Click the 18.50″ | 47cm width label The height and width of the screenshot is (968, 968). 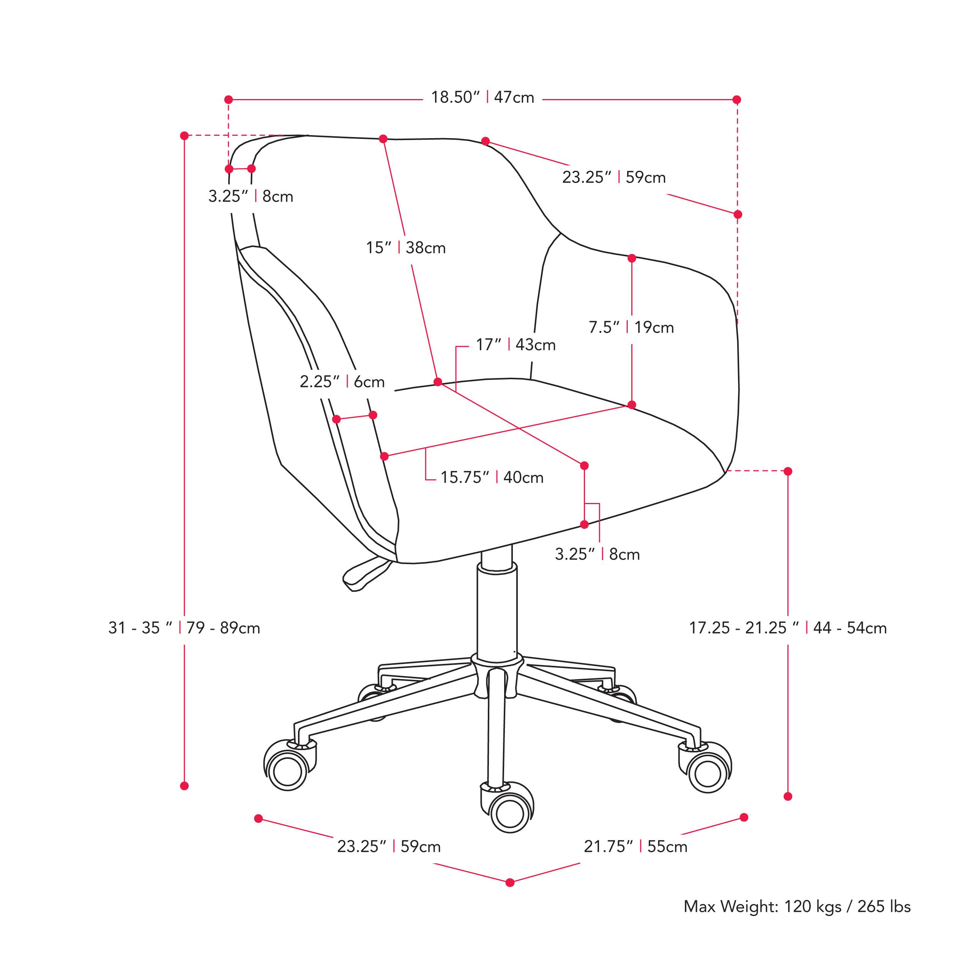[482, 97]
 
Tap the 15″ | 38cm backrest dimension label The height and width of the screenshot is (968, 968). [405, 248]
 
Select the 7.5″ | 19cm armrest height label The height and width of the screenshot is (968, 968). [631, 327]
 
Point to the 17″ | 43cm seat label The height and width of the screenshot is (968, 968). [516, 345]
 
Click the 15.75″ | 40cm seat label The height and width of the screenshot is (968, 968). [492, 477]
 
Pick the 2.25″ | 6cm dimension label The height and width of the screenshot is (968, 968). [342, 382]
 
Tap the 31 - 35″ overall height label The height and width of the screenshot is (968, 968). [184, 628]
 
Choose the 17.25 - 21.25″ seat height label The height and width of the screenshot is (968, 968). [788, 628]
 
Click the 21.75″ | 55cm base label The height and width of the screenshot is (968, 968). [635, 846]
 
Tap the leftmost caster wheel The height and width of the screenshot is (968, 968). [287, 771]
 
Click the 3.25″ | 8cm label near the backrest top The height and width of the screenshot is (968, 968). [251, 196]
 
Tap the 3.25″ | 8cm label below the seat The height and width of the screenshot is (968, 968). [597, 554]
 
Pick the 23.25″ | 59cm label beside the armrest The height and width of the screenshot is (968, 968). [614, 177]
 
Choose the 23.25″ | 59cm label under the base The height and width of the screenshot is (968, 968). [389, 846]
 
